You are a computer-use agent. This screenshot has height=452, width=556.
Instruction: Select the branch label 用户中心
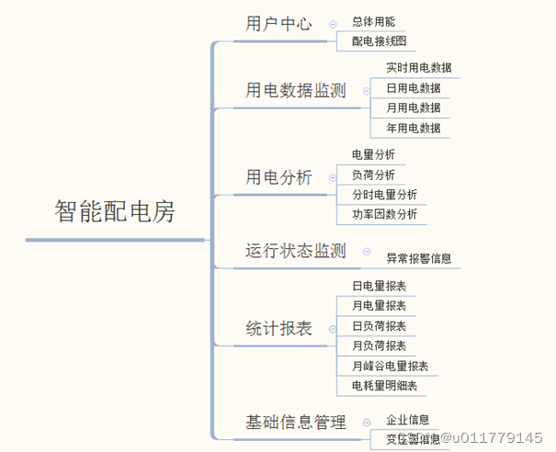point(279,23)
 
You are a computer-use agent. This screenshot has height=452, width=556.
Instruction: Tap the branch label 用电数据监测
point(295,90)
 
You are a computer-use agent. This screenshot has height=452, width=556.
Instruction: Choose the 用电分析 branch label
point(279,176)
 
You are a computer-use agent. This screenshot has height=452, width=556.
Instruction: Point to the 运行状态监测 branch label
point(295,250)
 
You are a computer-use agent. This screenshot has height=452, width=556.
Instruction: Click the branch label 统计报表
point(279,328)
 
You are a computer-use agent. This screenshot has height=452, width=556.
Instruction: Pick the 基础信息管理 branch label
point(295,423)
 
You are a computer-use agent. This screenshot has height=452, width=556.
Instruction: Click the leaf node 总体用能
point(374,21)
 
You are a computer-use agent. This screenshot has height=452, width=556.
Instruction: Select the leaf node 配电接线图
point(379,41)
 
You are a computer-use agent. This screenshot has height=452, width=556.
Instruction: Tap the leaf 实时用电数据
point(418,68)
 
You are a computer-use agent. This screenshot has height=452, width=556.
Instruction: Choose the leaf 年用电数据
point(413,128)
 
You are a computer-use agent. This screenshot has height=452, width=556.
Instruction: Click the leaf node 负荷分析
point(374,175)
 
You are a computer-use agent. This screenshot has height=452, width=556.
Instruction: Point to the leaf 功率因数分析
point(384,214)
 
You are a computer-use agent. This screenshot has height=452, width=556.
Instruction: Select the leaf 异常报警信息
point(418,259)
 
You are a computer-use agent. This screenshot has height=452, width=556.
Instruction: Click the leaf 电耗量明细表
point(384,386)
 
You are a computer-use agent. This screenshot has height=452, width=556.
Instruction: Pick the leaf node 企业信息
point(408,419)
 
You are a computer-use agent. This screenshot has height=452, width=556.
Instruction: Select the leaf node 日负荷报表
point(379,326)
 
